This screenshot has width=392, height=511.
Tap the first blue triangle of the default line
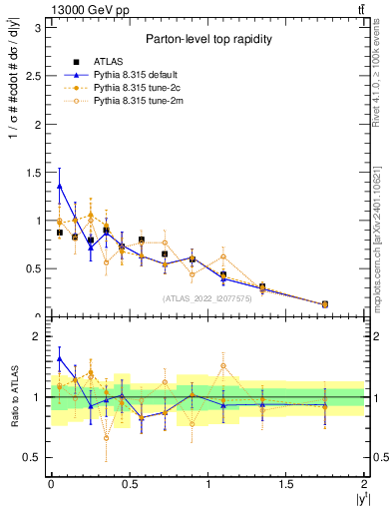point(60,185)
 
